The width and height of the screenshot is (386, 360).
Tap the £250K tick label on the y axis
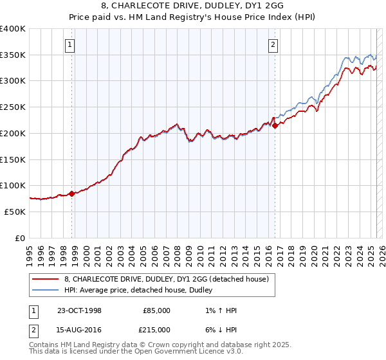coord(13,107)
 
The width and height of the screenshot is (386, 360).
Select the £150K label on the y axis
coord(13,159)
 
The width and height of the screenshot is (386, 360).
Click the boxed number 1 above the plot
coord(69,44)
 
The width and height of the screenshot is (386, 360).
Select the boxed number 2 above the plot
coord(273,44)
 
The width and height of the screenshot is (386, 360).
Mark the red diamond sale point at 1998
coord(71,193)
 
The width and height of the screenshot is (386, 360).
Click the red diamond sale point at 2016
coord(275,126)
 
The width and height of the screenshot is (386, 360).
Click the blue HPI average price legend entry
coord(142,291)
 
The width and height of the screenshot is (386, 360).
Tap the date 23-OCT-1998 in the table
coord(80,310)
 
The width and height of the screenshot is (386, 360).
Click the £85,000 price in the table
coord(156,310)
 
